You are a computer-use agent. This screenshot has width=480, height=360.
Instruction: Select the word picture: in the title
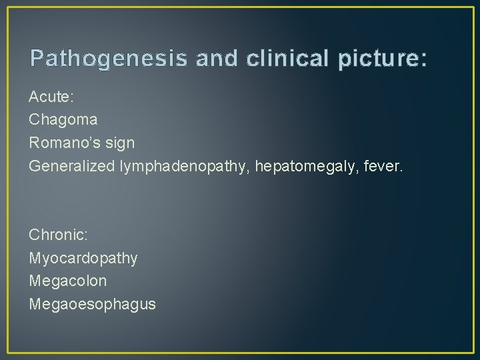click(x=382, y=59)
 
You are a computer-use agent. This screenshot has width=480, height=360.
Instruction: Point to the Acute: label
click(x=51, y=97)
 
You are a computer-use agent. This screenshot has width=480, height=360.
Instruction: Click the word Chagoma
click(x=63, y=120)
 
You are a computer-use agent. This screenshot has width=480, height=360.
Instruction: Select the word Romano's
click(x=69, y=143)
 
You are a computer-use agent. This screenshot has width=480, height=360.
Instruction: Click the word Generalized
click(x=71, y=166)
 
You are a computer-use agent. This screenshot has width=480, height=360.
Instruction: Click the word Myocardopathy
click(x=84, y=258)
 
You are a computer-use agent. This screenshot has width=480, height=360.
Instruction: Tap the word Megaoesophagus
click(x=93, y=304)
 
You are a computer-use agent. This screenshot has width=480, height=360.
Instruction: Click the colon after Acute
click(x=73, y=98)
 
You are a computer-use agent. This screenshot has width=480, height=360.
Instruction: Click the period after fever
click(x=402, y=171)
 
